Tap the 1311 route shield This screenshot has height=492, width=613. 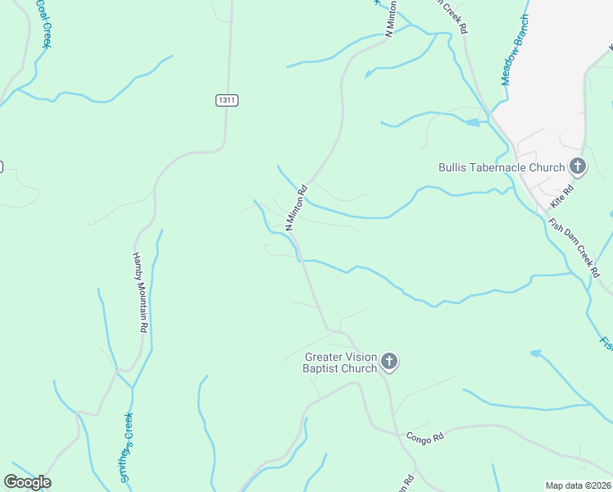[x=227, y=100]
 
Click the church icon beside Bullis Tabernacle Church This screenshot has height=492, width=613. [x=578, y=167]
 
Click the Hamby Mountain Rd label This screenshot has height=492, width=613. [x=140, y=290]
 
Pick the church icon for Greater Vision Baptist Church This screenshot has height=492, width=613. [x=389, y=362]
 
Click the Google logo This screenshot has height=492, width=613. [x=27, y=481]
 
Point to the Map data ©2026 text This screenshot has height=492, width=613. [x=578, y=485]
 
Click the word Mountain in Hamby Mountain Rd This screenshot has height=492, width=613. [x=141, y=294]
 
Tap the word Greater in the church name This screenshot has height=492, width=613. [x=324, y=357]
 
